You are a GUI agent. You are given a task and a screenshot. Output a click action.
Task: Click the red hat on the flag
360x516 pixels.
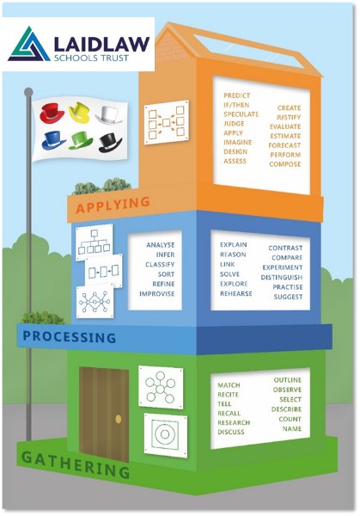pos(52,114)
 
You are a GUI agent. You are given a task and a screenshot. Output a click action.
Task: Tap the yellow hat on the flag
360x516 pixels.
pos(80,113)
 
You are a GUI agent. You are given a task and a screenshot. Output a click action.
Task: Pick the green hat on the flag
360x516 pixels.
pos(81,140)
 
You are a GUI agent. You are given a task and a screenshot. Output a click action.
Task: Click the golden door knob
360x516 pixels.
pos(119,419)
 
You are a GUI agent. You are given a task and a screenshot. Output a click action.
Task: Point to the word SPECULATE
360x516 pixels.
pos(241,114)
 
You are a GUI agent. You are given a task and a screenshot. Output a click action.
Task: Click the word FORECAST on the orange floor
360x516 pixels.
pos(284,145)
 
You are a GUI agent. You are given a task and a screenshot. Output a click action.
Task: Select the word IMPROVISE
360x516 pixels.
pos(157,293)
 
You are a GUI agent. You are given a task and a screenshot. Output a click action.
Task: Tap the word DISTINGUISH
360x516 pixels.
pos(282,277)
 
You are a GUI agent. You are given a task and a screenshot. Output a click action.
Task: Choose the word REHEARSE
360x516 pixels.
pos(236,293)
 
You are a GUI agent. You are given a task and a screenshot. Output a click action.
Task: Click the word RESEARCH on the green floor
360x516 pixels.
pos(234,422)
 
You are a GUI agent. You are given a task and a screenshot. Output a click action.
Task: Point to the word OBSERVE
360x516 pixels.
pos(287,390)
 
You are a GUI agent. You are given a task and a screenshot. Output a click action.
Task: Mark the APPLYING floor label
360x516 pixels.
pos(113,205)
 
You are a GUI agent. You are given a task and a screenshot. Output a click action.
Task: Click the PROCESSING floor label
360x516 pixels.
pos(69,336)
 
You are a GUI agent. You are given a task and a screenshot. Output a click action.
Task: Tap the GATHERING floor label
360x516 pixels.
pos(76,465)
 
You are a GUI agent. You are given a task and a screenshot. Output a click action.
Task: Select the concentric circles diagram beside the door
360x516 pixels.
pos(165,435)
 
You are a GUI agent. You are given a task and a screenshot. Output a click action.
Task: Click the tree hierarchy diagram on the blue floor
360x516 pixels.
pos(94,243)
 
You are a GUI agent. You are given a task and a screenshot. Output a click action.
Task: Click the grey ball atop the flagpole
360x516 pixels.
pos(28,92)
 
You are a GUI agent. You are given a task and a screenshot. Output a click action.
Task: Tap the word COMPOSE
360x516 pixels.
pos(284,164)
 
